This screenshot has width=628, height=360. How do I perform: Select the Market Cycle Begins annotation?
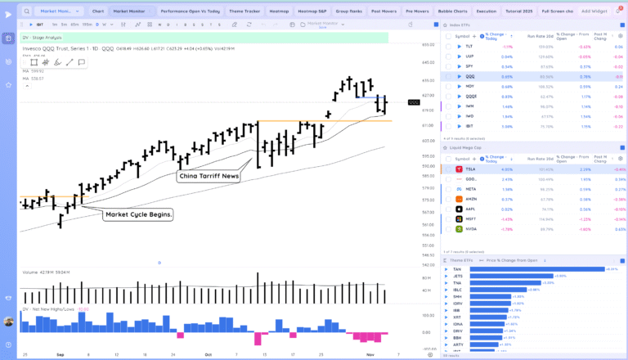click(138, 214)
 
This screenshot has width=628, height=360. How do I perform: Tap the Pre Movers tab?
click(418, 11)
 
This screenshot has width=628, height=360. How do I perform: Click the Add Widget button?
click(594, 11)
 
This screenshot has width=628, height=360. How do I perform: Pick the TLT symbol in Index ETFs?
click(469, 47)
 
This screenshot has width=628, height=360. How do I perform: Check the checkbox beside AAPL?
click(447, 209)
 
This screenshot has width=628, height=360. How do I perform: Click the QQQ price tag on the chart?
click(414, 102)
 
